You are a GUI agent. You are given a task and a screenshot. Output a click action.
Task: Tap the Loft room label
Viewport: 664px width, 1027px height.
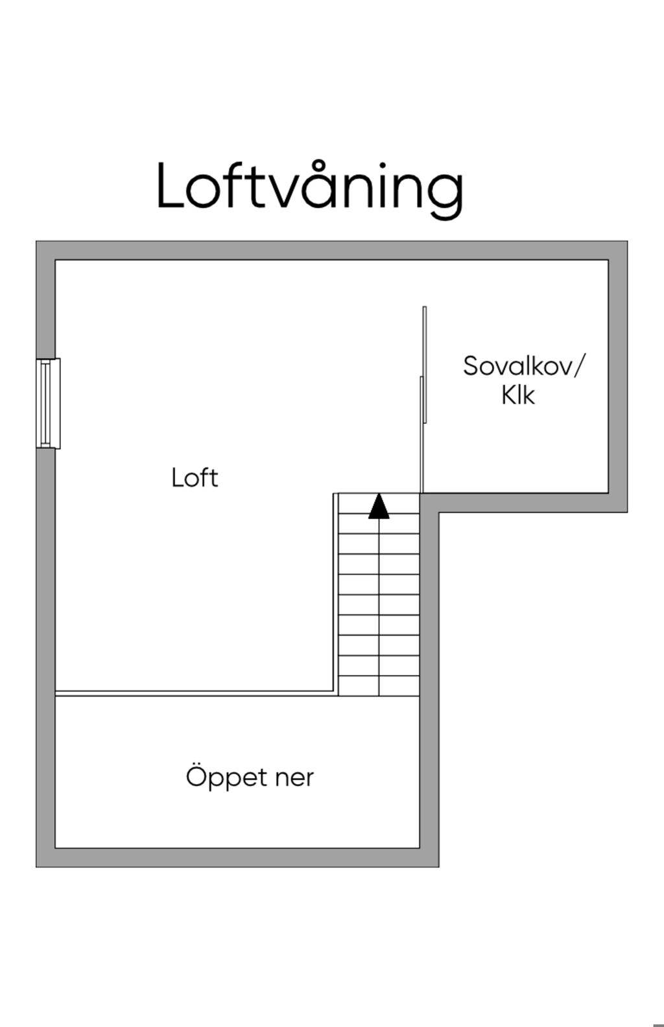(x=195, y=478)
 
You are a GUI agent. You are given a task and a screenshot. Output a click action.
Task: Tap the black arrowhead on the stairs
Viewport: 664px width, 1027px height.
(x=379, y=506)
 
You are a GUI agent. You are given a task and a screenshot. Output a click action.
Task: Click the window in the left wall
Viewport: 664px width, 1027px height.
(x=48, y=404)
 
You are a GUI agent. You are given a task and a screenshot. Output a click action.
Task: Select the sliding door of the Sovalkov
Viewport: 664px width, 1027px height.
(x=423, y=399)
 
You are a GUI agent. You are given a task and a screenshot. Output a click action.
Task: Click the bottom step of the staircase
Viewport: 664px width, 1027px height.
(x=379, y=686)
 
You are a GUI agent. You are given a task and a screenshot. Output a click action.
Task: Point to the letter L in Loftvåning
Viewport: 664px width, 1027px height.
(x=170, y=186)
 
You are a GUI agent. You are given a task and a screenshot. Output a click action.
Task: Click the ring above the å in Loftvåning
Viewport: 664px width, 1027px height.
(x=318, y=167)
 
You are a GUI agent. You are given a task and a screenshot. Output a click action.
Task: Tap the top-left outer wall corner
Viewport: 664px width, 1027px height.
(x=37, y=242)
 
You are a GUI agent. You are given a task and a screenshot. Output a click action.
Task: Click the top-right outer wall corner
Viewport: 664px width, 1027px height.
(x=627, y=242)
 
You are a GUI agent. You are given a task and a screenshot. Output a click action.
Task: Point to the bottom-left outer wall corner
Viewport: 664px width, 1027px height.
(x=37, y=866)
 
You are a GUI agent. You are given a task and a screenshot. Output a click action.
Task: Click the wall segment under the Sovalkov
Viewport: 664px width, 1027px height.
(x=523, y=503)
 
